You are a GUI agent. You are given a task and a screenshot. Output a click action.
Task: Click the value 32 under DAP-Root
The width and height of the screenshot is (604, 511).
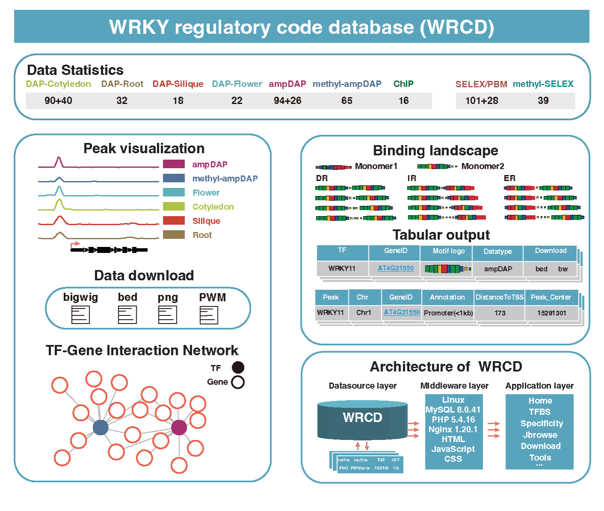point(122,101)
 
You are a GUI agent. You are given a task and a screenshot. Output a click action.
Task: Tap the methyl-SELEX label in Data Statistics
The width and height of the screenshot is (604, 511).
point(543,84)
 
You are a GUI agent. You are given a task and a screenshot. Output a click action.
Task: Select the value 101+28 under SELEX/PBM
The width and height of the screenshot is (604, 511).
point(482,101)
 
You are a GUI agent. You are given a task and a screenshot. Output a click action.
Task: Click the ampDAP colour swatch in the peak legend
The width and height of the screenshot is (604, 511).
point(174,164)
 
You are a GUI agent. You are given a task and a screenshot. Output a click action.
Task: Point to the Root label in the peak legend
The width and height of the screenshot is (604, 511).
point(202,235)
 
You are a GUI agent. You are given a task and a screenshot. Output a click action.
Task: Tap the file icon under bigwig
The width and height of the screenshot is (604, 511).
point(80,315)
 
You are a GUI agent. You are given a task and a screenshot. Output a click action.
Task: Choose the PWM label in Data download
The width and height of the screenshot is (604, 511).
point(212,297)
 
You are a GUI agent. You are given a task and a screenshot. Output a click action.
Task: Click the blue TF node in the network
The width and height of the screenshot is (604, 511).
point(101,427)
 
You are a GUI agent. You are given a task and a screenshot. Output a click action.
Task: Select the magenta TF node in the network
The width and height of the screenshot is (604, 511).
point(179,427)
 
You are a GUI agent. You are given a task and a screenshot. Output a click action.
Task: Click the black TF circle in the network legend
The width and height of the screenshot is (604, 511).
point(238,368)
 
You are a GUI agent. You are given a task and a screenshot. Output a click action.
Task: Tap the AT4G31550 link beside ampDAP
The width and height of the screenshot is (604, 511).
point(396,268)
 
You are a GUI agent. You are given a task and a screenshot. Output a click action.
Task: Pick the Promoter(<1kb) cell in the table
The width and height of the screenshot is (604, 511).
point(448,313)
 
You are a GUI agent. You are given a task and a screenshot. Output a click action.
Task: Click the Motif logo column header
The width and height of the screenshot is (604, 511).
point(448,251)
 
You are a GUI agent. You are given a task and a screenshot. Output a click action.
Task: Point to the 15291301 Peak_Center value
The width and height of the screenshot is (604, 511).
point(551,313)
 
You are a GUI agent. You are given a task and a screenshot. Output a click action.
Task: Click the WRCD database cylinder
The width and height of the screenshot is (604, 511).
point(362,419)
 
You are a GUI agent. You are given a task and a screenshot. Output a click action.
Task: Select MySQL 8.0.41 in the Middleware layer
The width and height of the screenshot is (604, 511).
point(453,410)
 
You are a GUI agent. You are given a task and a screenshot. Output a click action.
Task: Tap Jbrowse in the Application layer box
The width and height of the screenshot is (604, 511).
point(540,435)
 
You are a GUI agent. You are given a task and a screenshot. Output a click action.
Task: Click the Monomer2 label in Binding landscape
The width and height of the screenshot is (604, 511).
point(482,166)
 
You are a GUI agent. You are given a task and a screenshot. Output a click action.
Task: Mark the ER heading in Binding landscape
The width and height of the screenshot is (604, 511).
point(509,178)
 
